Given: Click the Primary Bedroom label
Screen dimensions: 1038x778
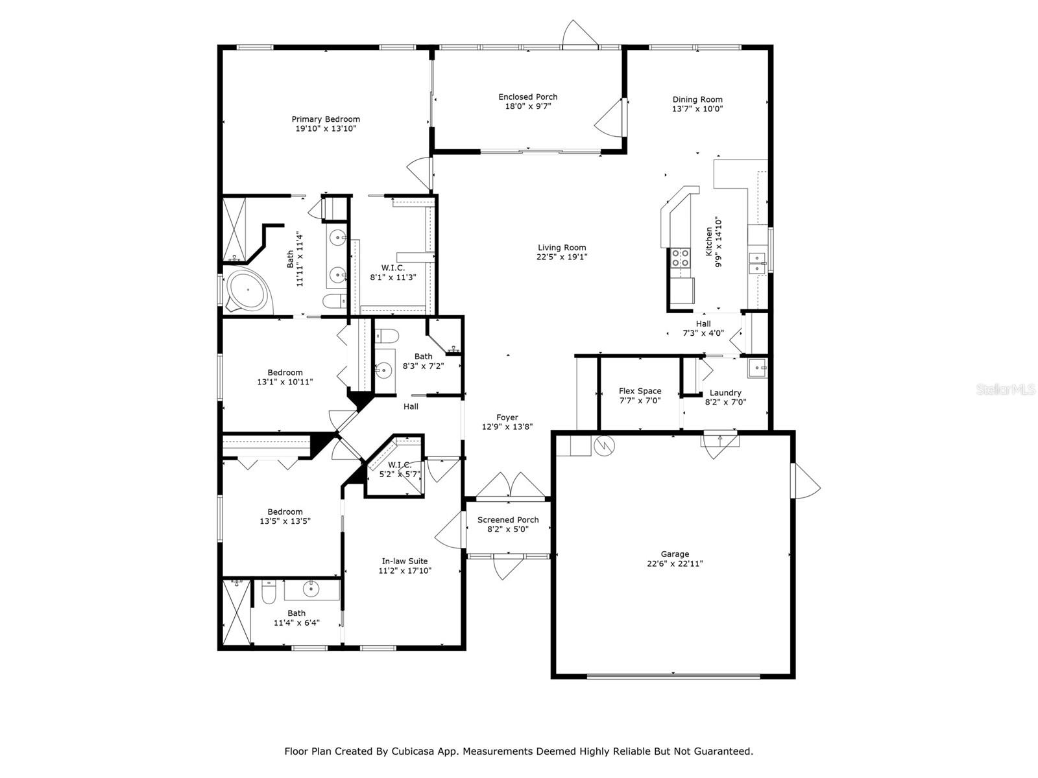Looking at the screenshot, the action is pos(326,119).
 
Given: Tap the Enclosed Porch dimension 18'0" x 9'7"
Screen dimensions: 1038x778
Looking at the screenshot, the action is pos(527,106).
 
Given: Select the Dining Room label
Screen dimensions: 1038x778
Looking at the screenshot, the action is pos(697,99).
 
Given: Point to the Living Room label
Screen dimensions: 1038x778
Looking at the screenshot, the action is pos(562,248).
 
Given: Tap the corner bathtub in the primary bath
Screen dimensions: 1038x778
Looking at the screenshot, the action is pos(247,290).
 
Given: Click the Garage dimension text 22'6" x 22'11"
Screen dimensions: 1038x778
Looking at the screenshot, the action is pos(675,563).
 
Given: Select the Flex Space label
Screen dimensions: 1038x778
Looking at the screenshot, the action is pos(640,391).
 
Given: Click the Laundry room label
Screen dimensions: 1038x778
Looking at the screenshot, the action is pos(725,392).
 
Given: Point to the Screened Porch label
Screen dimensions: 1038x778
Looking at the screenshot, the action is pos(508,519).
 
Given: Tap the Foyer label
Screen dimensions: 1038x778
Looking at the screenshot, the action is pos(507,418).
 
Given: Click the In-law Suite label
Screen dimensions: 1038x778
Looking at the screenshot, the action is pos(405,561).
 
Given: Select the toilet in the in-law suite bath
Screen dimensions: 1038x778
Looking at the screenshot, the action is pos(269,593).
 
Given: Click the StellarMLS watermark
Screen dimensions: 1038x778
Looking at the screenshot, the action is pos(1006,389).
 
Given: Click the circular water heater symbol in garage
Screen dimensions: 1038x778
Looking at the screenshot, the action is pos(604,445).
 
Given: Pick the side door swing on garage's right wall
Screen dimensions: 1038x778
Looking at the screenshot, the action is pos(806,480).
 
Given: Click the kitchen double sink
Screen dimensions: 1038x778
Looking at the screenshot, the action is pos(756,263).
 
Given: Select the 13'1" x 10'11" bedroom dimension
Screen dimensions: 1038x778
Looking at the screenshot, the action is pos(285,382).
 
